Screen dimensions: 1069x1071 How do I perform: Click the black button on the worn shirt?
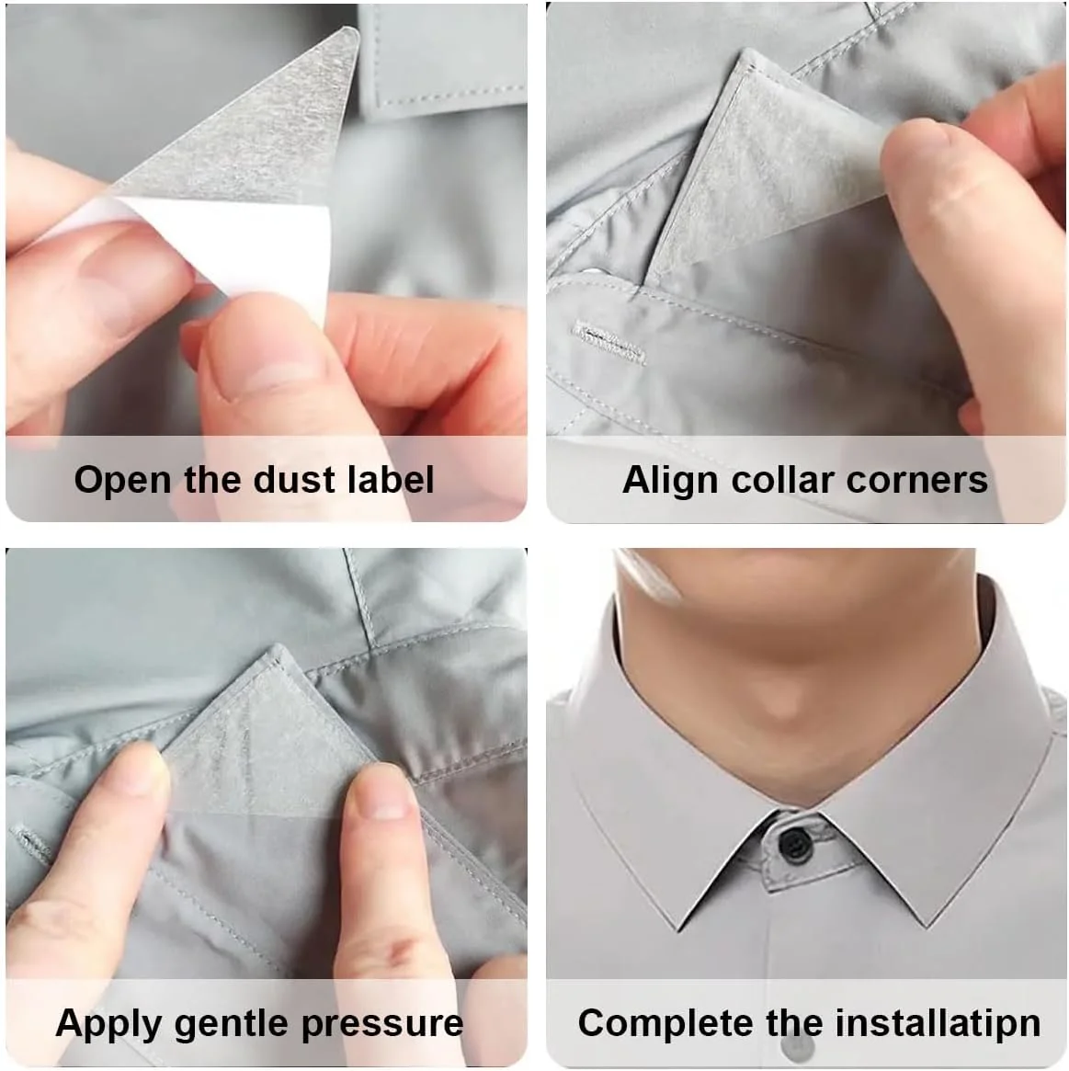click(792, 844)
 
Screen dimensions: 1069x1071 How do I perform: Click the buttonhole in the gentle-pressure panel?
click(30, 846)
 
